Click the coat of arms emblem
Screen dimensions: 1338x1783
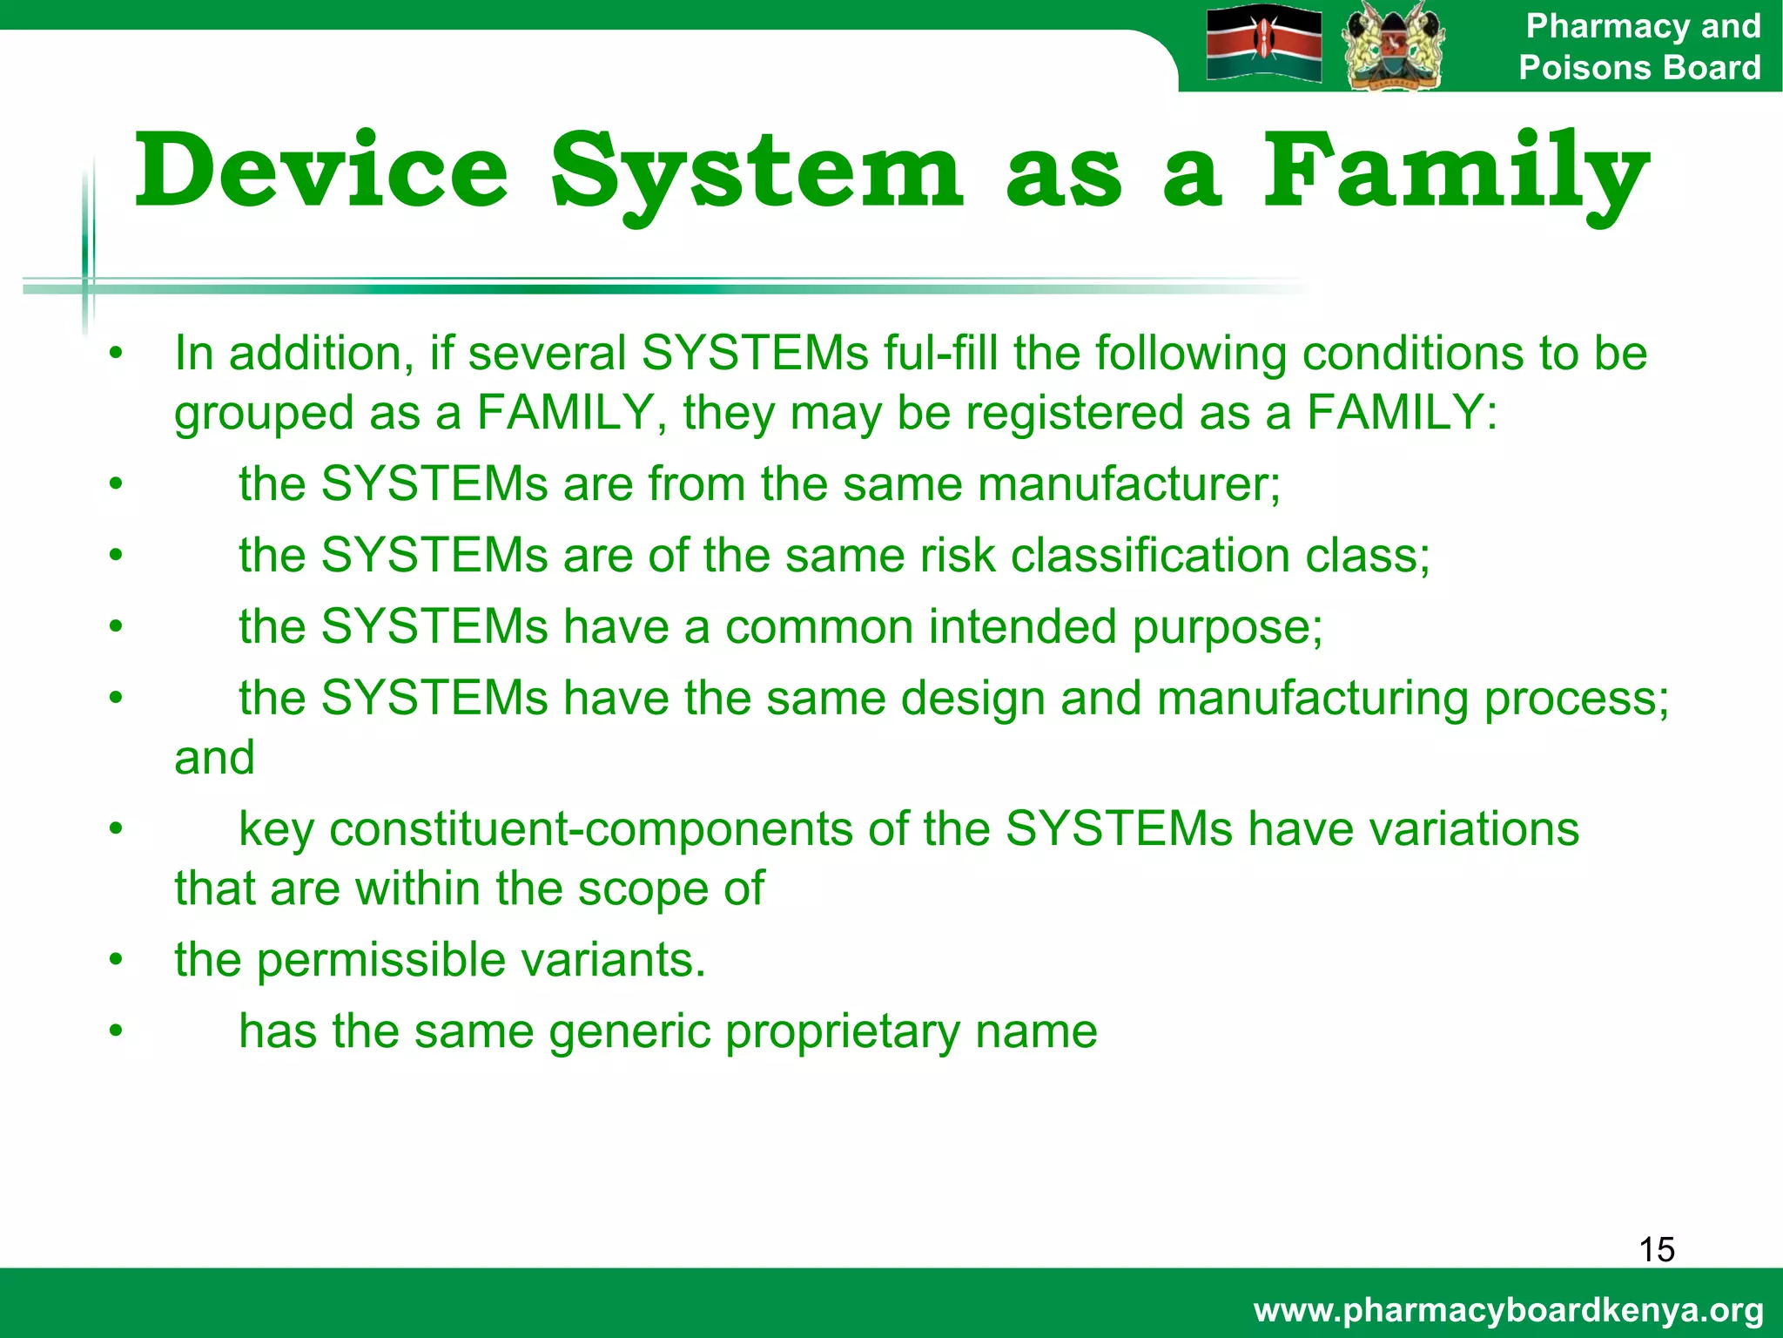pyautogui.click(x=1393, y=45)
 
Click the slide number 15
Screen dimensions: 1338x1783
pyautogui.click(x=1656, y=1249)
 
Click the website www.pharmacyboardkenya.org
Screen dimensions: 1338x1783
pyautogui.click(x=1508, y=1309)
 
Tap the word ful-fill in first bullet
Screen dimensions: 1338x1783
pyautogui.click(x=939, y=354)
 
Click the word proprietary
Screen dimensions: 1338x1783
pyautogui.click(x=842, y=1033)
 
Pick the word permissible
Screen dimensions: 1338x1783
pyautogui.click(x=381, y=960)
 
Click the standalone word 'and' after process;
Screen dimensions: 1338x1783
pyautogui.click(x=214, y=758)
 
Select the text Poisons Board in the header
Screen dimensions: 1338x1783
pyautogui.click(x=1638, y=67)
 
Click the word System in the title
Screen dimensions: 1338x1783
pyautogui.click(x=756, y=172)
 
